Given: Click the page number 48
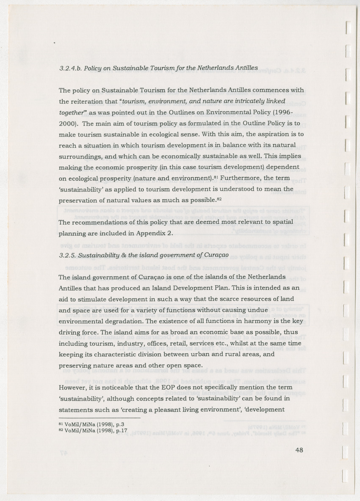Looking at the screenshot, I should (x=299, y=450).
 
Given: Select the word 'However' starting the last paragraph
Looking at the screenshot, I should (x=75, y=387).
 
